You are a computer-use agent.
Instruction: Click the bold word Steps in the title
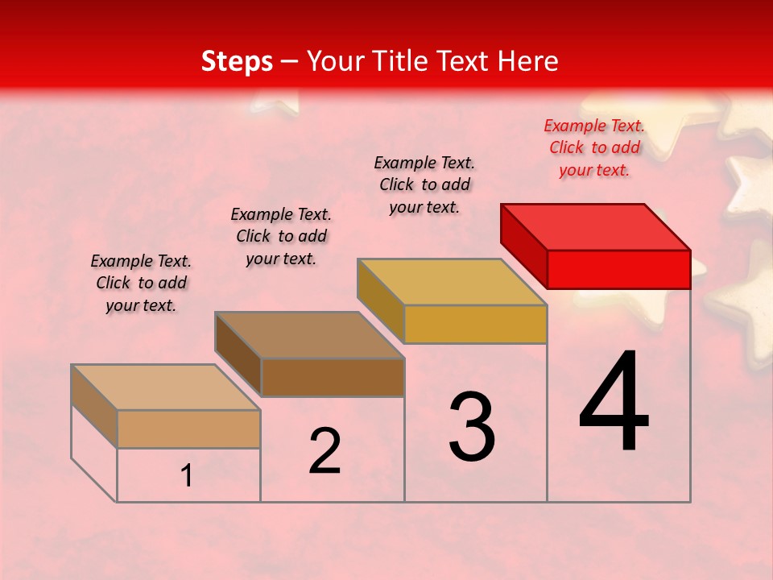tap(237, 61)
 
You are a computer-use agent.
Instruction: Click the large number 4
tap(614, 403)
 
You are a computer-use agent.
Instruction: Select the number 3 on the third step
tap(472, 427)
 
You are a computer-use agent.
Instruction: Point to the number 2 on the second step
tap(325, 451)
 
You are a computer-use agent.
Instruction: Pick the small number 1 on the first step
tap(187, 476)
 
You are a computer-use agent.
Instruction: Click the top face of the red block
tap(596, 226)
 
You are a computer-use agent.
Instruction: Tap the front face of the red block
tap(618, 269)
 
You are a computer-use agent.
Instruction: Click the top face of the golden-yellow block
tap(452, 282)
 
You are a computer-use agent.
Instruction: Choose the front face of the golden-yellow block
tap(475, 324)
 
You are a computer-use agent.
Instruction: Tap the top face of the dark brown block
tap(309, 334)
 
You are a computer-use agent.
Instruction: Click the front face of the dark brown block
tap(333, 377)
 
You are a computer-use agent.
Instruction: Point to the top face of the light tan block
tap(165, 387)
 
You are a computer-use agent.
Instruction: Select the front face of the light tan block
tap(188, 429)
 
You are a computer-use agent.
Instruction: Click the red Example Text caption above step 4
tap(594, 147)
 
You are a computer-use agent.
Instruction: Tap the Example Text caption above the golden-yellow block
tap(424, 184)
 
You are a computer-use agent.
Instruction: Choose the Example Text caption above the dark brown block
tap(281, 236)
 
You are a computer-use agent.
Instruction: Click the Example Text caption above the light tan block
tap(141, 283)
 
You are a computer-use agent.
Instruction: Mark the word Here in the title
tap(528, 61)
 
